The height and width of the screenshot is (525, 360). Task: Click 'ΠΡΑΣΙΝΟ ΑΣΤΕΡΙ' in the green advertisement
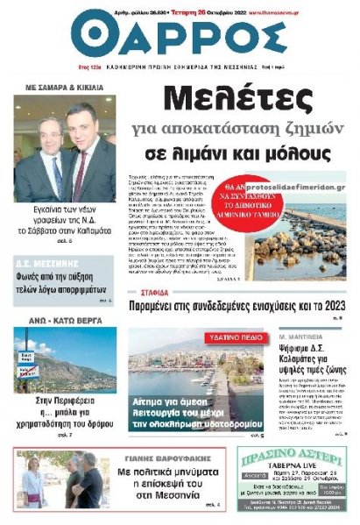click(x=293, y=457)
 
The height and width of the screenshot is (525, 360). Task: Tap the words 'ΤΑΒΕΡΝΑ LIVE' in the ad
click(x=293, y=469)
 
